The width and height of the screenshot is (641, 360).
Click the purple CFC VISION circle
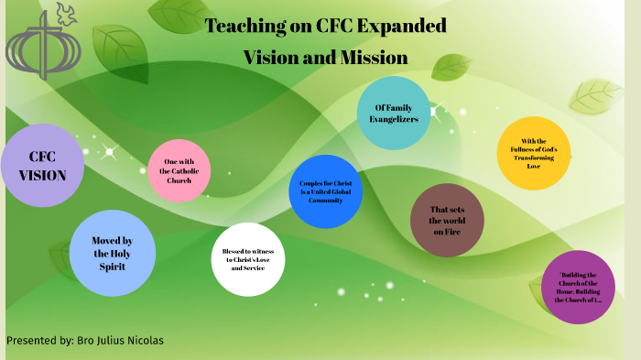pyautogui.click(x=42, y=165)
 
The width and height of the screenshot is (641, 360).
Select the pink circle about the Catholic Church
pyautogui.click(x=179, y=170)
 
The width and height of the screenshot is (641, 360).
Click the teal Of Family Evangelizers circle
pyautogui.click(x=394, y=114)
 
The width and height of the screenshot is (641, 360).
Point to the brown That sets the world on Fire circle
pyautogui.click(x=447, y=220)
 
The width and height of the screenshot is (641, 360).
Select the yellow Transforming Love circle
pyautogui.click(x=534, y=153)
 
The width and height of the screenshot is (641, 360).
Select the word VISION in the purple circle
pyautogui.click(x=42, y=175)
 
